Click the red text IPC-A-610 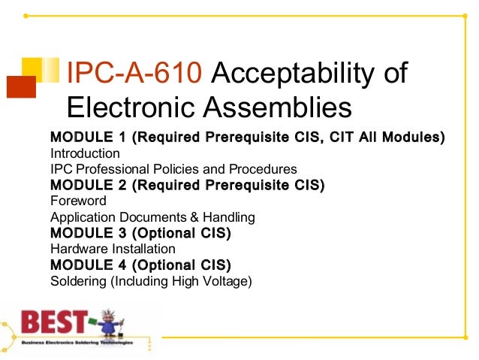[134, 74]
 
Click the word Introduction [83, 153]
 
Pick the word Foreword [78, 201]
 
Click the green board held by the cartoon [95, 324]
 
